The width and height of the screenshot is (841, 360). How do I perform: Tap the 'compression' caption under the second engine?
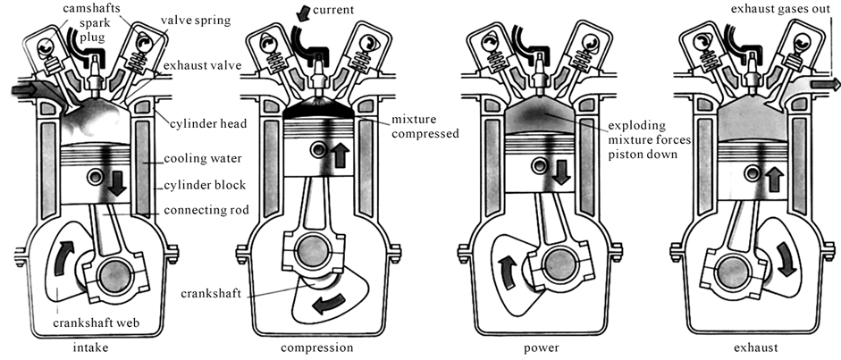(x=317, y=348)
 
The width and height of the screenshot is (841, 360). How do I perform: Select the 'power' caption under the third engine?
(x=542, y=348)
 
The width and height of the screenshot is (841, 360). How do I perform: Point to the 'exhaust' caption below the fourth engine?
(x=754, y=348)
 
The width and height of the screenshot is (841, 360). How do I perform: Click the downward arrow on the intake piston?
(x=117, y=185)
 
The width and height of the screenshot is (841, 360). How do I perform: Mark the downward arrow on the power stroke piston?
(x=560, y=172)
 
